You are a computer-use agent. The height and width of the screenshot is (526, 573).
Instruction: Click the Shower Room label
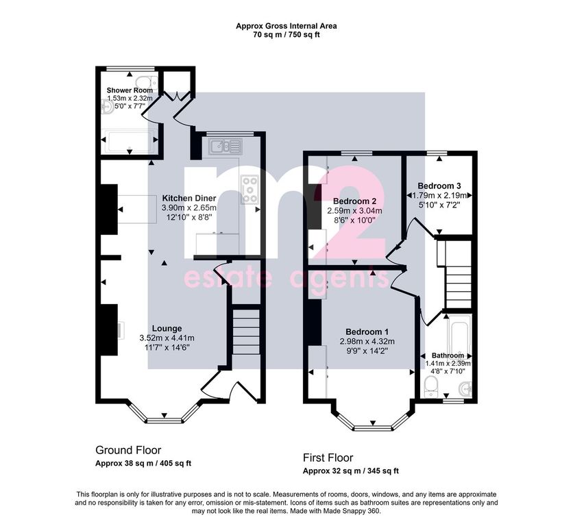point(130,90)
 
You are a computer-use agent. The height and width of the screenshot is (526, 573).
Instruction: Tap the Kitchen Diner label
point(189,199)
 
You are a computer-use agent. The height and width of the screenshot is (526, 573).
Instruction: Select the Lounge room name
point(167,328)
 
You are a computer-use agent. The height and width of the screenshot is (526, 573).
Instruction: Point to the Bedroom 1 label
point(367,332)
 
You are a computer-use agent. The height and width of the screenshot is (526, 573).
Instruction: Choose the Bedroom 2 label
point(354,201)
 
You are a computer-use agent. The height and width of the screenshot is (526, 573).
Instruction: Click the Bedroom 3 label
point(439,186)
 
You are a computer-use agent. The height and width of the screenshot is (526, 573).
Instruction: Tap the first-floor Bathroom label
point(448,355)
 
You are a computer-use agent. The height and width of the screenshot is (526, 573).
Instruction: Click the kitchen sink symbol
point(225,147)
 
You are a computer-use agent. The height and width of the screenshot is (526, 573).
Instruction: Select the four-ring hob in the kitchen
point(249,189)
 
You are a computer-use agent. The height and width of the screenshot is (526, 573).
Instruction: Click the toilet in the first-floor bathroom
point(432,387)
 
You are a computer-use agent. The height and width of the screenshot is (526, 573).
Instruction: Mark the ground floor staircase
point(246,331)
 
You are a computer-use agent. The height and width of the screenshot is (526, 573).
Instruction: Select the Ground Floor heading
point(128,450)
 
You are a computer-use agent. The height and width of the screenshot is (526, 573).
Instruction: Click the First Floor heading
point(328,458)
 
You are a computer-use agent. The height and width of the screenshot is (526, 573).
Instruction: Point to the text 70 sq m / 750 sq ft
point(286,35)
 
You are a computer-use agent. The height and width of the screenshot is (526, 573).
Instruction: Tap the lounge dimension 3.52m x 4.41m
point(167,338)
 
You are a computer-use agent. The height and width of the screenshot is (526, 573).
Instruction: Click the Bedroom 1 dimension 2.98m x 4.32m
point(367,342)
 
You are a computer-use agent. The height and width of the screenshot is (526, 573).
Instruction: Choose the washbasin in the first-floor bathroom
point(466,388)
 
